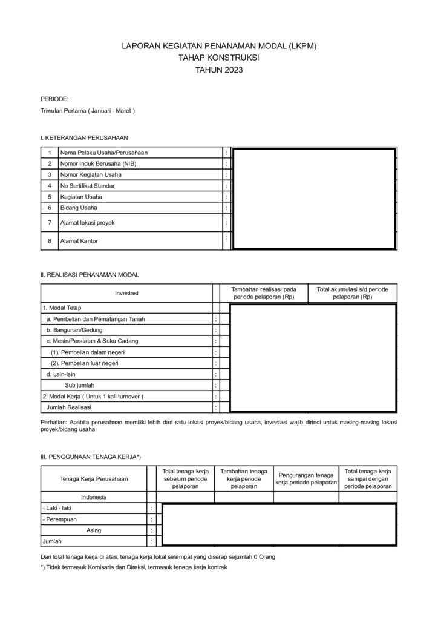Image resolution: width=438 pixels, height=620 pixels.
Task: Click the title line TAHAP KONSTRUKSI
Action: coord(218,58)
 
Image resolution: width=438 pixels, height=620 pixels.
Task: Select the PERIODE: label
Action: coord(54,99)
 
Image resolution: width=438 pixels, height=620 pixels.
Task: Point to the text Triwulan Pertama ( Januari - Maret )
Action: coord(88,111)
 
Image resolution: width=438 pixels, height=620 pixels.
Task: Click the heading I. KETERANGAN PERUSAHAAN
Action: coord(84,138)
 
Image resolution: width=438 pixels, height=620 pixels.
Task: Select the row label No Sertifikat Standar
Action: coord(87,185)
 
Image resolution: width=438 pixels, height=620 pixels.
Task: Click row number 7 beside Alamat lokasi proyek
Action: coord(50,222)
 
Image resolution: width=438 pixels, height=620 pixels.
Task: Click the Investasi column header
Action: coord(127,294)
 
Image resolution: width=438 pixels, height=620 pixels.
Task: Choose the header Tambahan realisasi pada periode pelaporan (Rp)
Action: coord(264,294)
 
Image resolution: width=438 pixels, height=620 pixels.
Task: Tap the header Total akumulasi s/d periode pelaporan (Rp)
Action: coord(352,294)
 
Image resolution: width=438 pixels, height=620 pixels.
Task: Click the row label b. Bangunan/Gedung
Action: coord(74,330)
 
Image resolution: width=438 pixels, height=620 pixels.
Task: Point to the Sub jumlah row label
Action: coord(79,384)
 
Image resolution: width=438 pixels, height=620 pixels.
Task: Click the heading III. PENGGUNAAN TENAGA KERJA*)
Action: coord(91,456)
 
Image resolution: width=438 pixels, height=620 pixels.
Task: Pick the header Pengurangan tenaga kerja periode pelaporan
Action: coord(306,478)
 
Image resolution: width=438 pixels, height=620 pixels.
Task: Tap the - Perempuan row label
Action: coord(59,519)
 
